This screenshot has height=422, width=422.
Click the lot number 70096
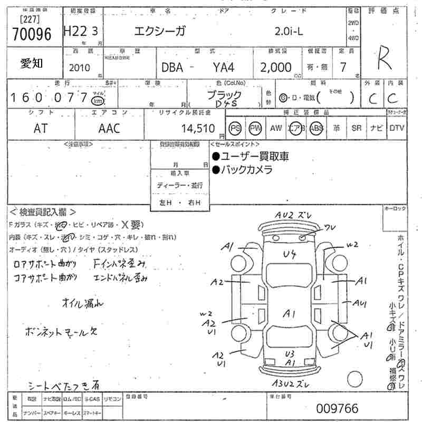click(32, 34)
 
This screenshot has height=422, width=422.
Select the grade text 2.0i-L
click(289, 31)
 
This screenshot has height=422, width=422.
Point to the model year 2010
click(80, 68)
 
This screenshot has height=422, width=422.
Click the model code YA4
click(224, 68)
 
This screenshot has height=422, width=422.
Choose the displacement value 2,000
click(276, 68)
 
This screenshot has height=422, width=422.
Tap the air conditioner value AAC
click(109, 128)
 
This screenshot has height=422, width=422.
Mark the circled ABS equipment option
click(316, 128)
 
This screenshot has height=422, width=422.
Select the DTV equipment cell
click(397, 128)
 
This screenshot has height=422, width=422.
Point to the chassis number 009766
click(337, 408)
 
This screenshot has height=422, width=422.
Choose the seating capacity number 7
click(343, 68)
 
